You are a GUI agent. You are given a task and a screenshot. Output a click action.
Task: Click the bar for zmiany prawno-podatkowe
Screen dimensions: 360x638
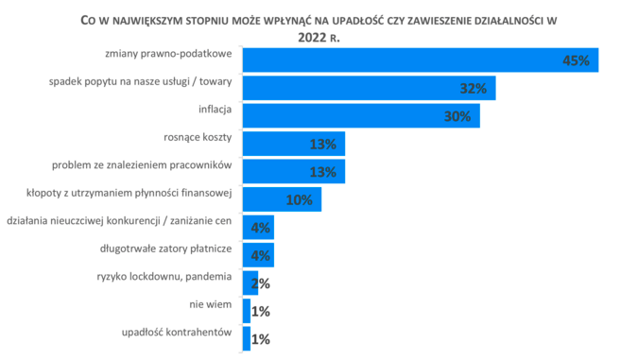click(421, 60)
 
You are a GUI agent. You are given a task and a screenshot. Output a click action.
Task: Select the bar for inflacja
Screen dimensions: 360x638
click(362, 115)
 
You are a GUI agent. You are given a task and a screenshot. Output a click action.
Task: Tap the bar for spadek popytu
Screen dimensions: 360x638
click(370, 88)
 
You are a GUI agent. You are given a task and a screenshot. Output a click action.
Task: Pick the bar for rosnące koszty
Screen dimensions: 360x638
click(294, 144)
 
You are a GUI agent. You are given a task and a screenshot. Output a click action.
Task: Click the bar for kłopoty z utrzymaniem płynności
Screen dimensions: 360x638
click(283, 199)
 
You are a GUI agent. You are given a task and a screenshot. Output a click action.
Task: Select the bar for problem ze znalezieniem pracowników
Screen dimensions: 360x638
click(294, 171)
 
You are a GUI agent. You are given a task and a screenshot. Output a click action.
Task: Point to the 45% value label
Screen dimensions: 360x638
click(576, 60)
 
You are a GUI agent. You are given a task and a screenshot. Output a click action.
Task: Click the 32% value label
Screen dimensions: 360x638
click(473, 89)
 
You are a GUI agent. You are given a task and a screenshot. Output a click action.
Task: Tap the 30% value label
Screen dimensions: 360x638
click(457, 116)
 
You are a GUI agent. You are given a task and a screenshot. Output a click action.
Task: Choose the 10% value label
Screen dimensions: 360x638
click(299, 199)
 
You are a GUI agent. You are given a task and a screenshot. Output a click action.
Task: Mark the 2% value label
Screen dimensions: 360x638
click(262, 283)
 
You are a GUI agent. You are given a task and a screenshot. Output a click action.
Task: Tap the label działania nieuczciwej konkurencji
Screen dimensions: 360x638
click(119, 223)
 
